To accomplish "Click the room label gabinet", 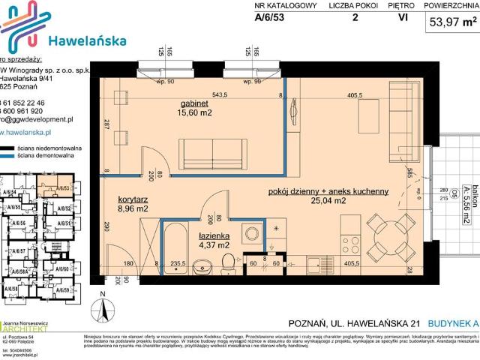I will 194,103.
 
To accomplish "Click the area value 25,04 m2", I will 328,201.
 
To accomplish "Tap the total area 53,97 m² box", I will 452,22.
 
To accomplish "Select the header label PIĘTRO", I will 391,5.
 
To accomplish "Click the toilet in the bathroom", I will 228,262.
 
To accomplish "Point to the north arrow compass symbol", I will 105,308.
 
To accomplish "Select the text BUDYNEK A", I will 451,323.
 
